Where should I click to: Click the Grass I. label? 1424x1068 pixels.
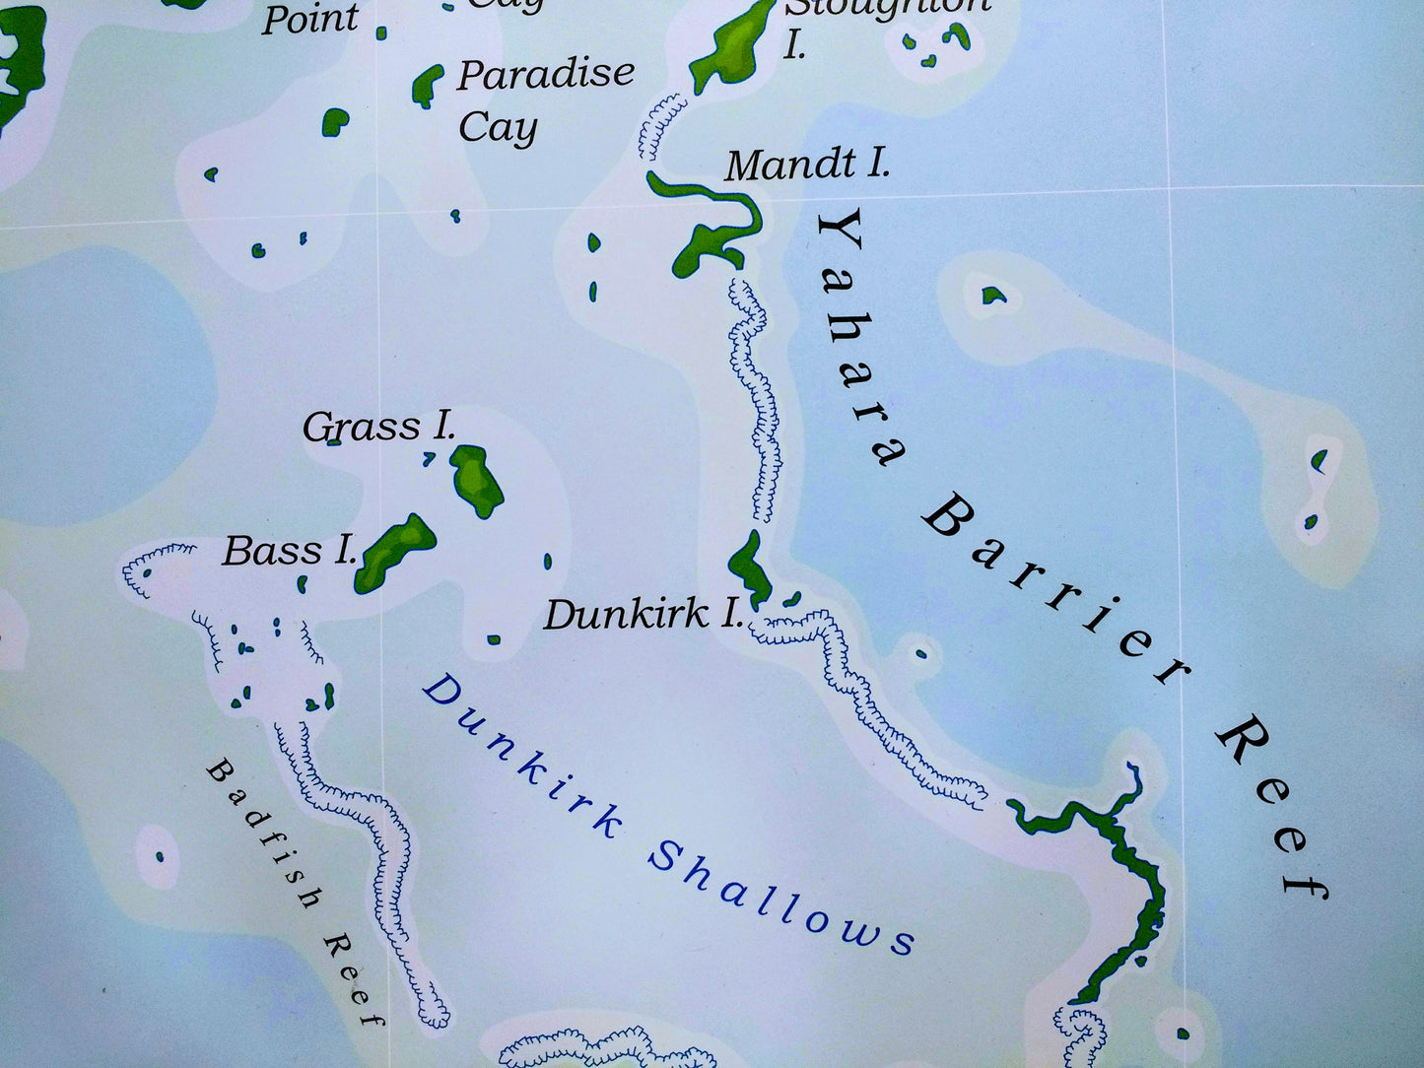(x=378, y=428)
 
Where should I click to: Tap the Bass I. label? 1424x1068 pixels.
(x=289, y=551)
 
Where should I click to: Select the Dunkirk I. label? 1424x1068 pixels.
(x=643, y=615)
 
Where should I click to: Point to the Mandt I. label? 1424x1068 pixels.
(x=807, y=164)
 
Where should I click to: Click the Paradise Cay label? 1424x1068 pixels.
(x=544, y=99)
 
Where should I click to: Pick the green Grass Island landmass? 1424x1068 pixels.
(x=476, y=479)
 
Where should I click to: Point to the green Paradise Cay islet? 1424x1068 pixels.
(x=427, y=86)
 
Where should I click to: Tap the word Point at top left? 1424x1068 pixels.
(x=308, y=18)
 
